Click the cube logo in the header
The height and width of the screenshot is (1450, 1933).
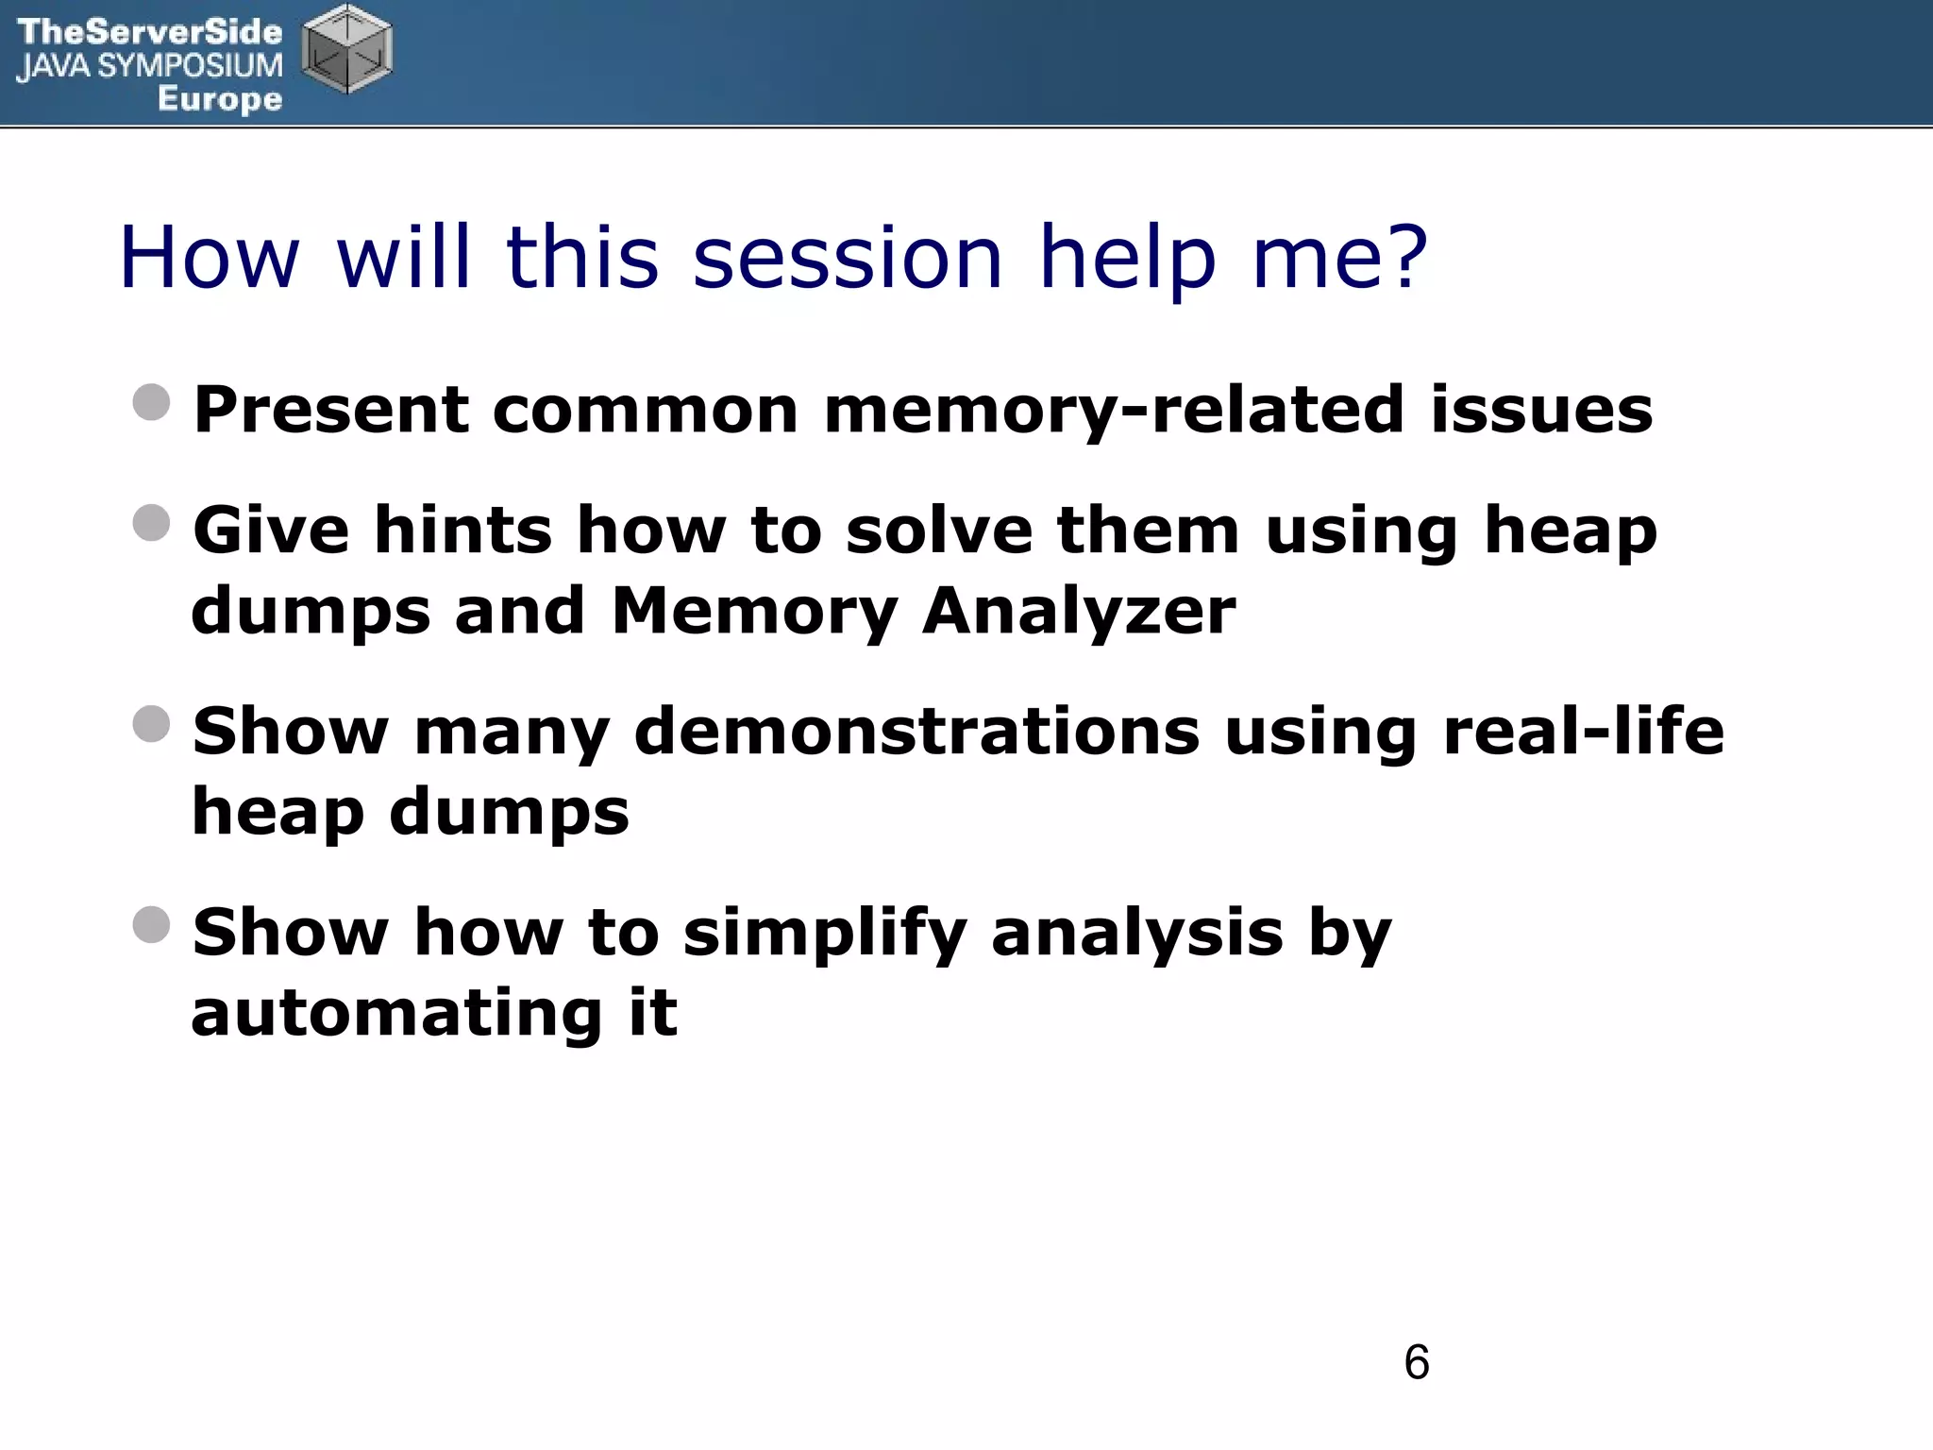[x=346, y=49]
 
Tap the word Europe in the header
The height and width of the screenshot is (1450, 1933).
[x=220, y=98]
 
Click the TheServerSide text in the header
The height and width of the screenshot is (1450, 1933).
[x=149, y=31]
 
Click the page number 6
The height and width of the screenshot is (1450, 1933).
[x=1416, y=1362]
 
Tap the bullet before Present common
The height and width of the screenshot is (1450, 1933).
[x=152, y=402]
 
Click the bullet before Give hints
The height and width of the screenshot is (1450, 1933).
[x=152, y=523]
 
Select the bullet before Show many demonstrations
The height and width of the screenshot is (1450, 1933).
[x=152, y=724]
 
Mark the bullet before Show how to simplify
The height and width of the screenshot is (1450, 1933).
[x=152, y=925]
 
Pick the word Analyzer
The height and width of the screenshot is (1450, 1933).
[x=1078, y=611]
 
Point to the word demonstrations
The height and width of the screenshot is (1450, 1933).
[x=916, y=732]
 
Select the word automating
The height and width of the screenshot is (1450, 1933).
[x=396, y=1013]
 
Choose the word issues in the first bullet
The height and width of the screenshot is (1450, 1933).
[x=1541, y=411]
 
